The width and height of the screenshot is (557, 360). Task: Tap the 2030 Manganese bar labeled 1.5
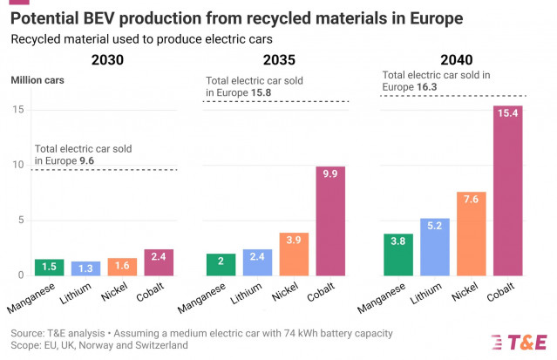point(50,267)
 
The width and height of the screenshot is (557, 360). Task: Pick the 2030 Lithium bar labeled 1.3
point(85,268)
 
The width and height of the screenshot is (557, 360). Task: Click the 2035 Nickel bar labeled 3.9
point(294,254)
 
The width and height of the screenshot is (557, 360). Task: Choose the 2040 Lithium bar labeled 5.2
point(435,247)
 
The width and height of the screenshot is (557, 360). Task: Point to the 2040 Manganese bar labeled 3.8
point(398,254)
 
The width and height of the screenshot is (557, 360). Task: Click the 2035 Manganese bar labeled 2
point(221,264)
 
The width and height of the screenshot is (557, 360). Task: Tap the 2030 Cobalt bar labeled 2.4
point(159,262)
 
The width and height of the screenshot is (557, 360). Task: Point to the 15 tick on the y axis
point(17,109)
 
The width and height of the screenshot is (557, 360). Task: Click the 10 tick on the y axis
point(17,165)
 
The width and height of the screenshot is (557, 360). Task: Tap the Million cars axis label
point(37,81)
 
